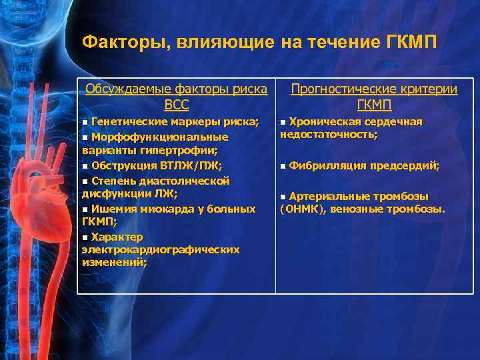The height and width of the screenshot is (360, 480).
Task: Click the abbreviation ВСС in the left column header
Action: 176,105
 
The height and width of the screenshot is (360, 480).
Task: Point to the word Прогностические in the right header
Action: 345,89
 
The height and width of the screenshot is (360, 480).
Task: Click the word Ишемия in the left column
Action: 111,209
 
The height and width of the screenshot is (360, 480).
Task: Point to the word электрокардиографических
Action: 160,249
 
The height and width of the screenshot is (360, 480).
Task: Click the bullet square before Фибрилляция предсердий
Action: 283,166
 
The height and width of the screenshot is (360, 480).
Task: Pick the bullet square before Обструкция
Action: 85,166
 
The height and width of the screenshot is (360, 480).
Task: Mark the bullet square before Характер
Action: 85,237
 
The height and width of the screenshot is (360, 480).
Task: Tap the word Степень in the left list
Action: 113,181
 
